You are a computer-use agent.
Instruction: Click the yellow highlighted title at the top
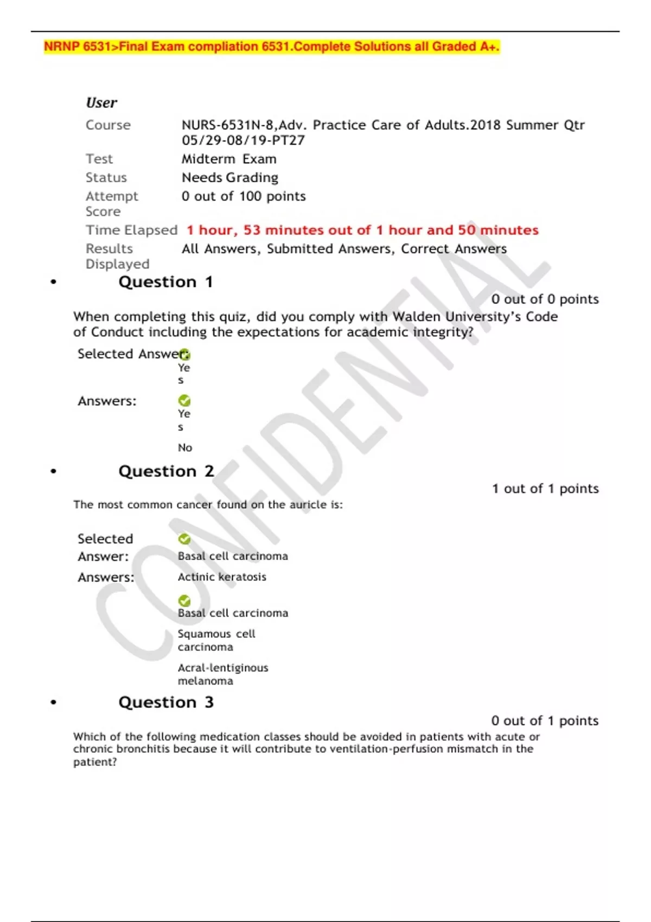pyautogui.click(x=271, y=47)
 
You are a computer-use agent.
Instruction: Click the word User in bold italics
pyautogui.click(x=101, y=103)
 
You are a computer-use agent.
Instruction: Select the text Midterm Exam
pyautogui.click(x=229, y=159)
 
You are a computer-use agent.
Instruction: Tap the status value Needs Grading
pyautogui.click(x=230, y=178)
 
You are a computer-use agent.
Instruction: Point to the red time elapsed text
pyautogui.click(x=362, y=230)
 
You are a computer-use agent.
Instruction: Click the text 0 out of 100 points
pyautogui.click(x=244, y=196)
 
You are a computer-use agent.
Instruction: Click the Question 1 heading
pyautogui.click(x=165, y=282)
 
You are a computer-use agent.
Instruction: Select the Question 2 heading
pyautogui.click(x=166, y=471)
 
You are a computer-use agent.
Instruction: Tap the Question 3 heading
pyautogui.click(x=166, y=702)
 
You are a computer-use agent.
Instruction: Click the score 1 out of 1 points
pyautogui.click(x=545, y=489)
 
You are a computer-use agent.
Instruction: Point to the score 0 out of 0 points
pyautogui.click(x=545, y=299)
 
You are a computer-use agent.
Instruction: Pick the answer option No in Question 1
pyautogui.click(x=185, y=448)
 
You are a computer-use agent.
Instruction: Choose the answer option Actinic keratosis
pyautogui.click(x=222, y=577)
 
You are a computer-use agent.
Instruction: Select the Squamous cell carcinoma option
pyautogui.click(x=216, y=641)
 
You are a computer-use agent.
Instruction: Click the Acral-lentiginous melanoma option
pyautogui.click(x=223, y=674)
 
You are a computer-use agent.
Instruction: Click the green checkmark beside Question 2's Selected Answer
pyautogui.click(x=184, y=539)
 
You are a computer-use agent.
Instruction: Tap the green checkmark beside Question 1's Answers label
pyautogui.click(x=184, y=401)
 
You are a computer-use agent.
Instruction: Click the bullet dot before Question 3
pyautogui.click(x=53, y=702)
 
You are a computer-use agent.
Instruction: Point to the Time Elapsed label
pyautogui.click(x=131, y=230)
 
